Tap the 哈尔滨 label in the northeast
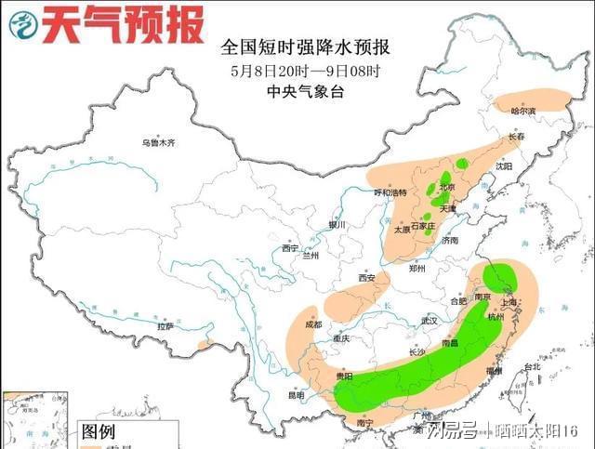524,111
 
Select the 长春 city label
516,138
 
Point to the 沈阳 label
503,165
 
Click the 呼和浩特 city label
390,192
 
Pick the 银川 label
336,225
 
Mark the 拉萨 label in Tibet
165,327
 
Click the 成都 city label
312,324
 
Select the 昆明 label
295,395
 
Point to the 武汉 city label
429,320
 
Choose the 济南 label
450,240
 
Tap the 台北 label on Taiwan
531,366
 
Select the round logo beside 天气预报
25,25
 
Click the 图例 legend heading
99,431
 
